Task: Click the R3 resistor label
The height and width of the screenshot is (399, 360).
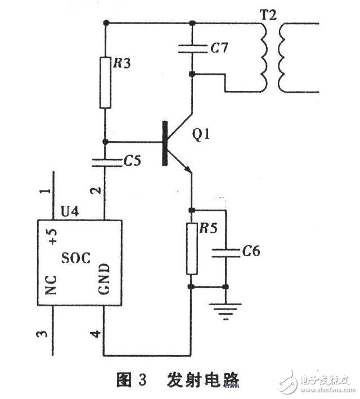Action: (122, 63)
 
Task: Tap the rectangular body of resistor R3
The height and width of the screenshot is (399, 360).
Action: (105, 82)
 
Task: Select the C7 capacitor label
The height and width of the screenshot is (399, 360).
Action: (219, 49)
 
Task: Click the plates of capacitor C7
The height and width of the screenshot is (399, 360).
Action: (192, 49)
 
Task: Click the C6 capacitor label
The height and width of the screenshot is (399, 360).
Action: (251, 251)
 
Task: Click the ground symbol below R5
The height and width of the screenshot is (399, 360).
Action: (226, 310)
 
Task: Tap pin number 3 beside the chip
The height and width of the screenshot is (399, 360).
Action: (40, 335)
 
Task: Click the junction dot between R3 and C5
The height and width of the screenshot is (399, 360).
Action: (105, 142)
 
